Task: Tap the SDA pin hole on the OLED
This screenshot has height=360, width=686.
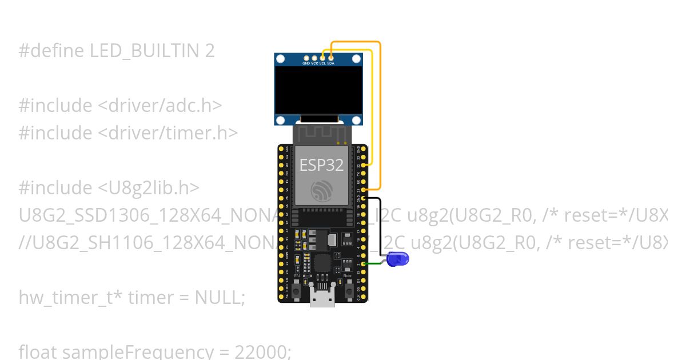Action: click(x=331, y=58)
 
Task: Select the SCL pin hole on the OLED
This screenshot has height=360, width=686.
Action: click(x=323, y=58)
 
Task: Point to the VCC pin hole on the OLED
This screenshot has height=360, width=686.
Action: click(x=314, y=58)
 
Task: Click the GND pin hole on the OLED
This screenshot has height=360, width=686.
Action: click(x=306, y=58)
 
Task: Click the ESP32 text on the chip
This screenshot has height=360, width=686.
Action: click(x=321, y=165)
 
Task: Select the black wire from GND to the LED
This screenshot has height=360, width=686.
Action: click(x=379, y=217)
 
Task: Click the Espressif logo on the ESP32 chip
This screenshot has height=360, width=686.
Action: click(x=321, y=191)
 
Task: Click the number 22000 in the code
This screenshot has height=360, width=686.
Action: click(x=265, y=351)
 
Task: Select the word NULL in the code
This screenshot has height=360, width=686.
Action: click(x=217, y=297)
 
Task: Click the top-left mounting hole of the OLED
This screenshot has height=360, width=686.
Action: click(x=281, y=59)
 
